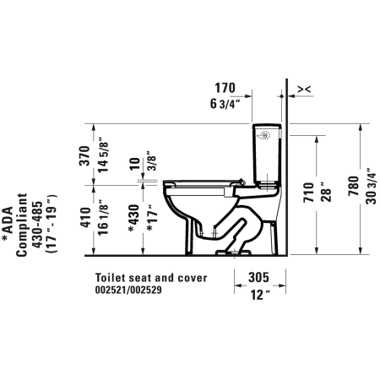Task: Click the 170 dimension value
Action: point(225,88)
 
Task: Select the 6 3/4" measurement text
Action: point(225,104)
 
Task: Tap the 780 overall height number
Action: point(354,186)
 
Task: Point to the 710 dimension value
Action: point(309,193)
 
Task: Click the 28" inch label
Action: point(326,192)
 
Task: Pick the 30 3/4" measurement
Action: point(371,186)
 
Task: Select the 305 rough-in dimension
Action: point(259,277)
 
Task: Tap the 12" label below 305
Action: point(260,295)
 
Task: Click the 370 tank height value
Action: point(84,155)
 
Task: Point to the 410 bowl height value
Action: point(85,217)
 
